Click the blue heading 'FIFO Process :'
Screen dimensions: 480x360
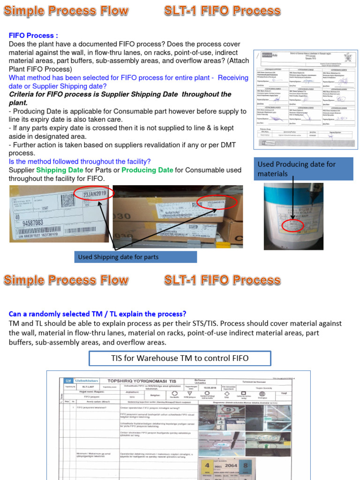34,36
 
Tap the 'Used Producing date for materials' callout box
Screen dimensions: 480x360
303,169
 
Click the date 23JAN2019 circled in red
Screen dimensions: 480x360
95,194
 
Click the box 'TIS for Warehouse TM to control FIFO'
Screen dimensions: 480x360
180,359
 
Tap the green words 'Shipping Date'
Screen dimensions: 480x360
60,170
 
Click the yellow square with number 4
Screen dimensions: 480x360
207,467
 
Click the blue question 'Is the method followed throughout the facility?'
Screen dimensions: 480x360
80,161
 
